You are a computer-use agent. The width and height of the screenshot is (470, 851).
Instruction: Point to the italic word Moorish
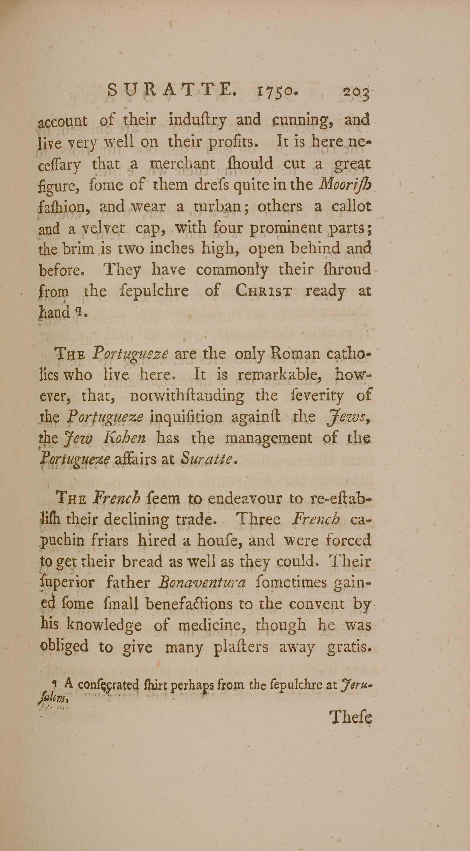pos(346,185)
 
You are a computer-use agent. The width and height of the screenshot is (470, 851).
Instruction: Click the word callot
pos(351,206)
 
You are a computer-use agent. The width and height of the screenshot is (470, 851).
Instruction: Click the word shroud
pos(347,270)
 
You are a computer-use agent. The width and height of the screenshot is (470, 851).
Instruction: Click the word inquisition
pos(186,417)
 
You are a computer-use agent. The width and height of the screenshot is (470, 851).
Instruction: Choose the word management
pos(269,438)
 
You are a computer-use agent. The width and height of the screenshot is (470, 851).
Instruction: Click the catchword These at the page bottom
pos(351,717)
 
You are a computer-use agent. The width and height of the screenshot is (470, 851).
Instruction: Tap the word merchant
pos(183,164)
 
